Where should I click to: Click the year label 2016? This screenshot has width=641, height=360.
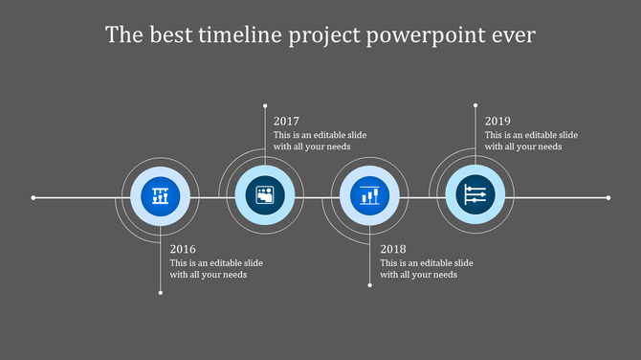click(x=183, y=249)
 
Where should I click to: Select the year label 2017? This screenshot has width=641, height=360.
click(x=286, y=122)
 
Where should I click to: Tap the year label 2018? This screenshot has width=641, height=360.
click(x=393, y=249)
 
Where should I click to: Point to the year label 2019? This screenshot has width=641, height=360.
click(x=497, y=122)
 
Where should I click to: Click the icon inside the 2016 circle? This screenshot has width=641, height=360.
click(x=160, y=197)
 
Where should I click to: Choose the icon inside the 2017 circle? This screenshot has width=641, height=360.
click(x=265, y=197)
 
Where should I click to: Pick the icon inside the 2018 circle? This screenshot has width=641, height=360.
click(x=370, y=197)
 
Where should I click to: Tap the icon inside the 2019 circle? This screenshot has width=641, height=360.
click(x=475, y=197)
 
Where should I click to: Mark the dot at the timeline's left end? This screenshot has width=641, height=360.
click(x=33, y=198)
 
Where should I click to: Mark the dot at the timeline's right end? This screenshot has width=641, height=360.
click(x=608, y=198)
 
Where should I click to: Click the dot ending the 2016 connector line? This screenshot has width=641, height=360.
click(x=160, y=292)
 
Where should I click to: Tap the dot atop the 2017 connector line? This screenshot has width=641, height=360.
click(x=265, y=104)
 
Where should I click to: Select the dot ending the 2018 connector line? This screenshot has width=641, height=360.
click(x=370, y=284)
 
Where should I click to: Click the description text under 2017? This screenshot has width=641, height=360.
click(x=320, y=141)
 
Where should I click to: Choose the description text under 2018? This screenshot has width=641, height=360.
click(x=426, y=269)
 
